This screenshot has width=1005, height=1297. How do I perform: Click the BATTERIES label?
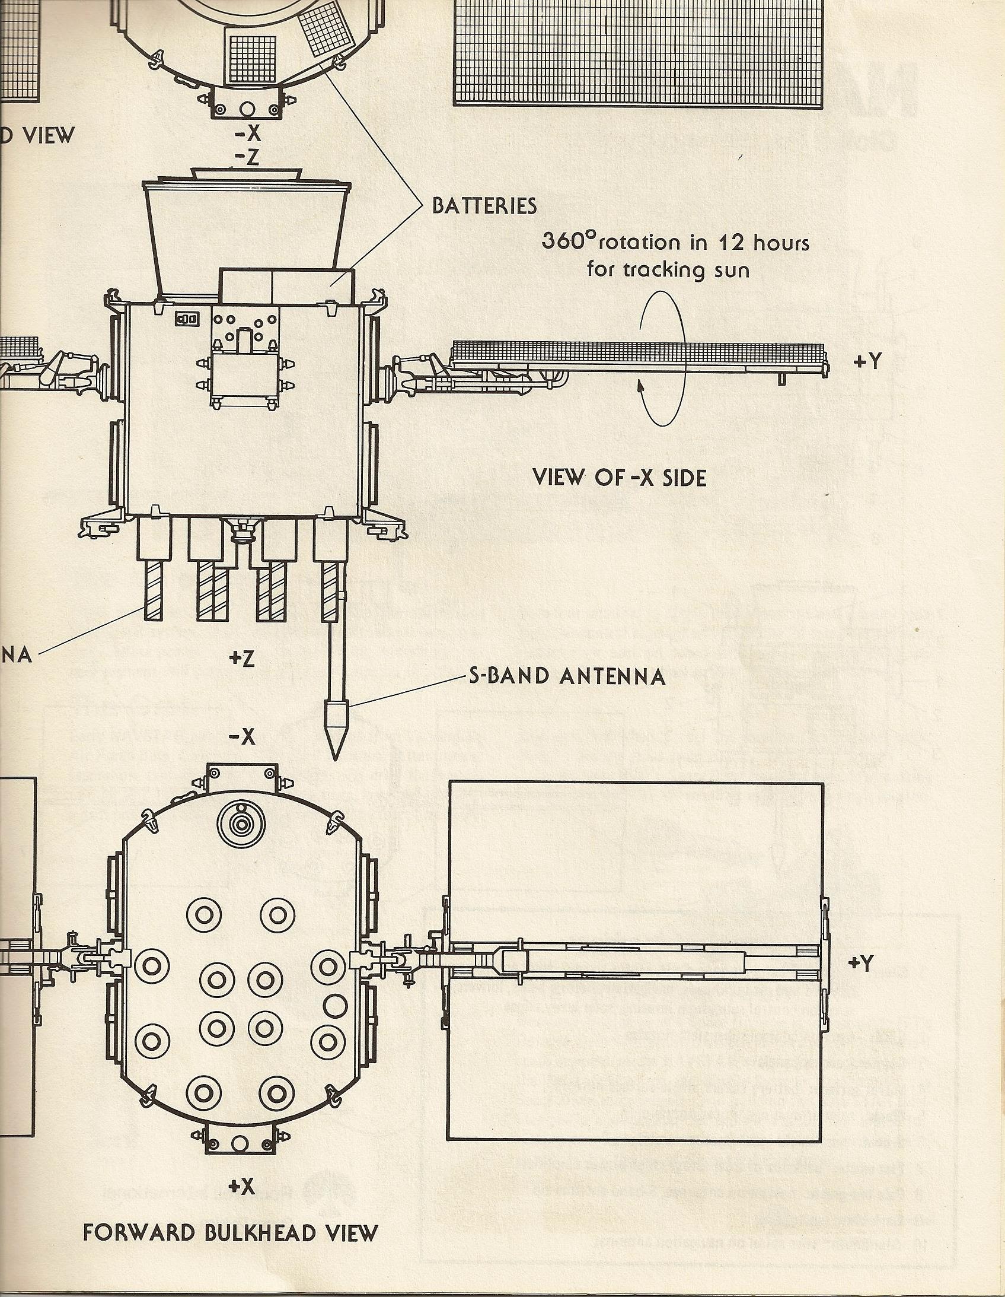(484, 205)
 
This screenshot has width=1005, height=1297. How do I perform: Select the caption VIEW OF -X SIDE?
(620, 478)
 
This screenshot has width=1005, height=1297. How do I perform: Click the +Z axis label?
(241, 659)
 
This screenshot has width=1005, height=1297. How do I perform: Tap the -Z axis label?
(245, 157)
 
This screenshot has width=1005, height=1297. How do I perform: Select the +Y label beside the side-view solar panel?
(867, 362)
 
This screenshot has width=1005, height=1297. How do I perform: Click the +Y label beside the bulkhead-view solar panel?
(861, 963)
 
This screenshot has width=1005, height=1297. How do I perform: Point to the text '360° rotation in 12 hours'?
(675, 242)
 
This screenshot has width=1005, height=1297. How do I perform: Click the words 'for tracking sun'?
(668, 270)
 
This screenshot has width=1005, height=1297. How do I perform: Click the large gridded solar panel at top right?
(638, 53)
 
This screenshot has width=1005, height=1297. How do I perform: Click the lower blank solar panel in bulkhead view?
(635, 1063)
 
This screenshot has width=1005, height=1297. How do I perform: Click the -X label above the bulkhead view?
(241, 737)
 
